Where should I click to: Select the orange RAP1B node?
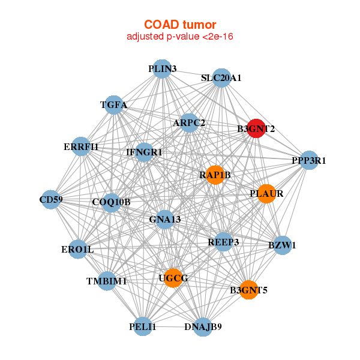click(x=214, y=175)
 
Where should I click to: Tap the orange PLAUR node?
click(x=266, y=194)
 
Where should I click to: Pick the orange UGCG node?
click(x=173, y=278)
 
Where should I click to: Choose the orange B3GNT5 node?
click(x=248, y=290)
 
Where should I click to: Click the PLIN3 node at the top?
click(x=161, y=69)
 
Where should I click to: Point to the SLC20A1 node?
click(x=221, y=78)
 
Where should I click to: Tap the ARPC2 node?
click(x=189, y=123)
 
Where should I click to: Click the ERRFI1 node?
click(x=81, y=146)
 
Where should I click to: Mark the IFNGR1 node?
click(x=144, y=152)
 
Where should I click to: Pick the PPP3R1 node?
click(x=308, y=160)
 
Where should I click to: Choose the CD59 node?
click(x=51, y=199)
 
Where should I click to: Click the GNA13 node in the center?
click(x=164, y=219)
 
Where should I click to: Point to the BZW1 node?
click(x=283, y=245)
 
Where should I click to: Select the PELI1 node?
click(x=142, y=326)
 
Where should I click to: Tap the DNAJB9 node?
click(x=203, y=326)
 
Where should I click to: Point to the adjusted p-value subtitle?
click(x=180, y=37)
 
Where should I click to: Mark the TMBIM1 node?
click(x=106, y=281)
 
